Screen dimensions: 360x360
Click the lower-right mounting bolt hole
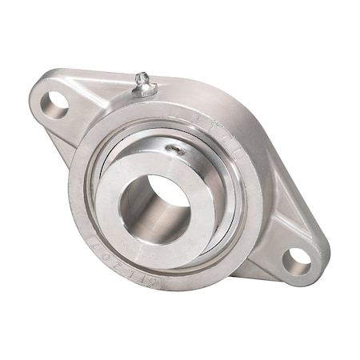[298, 258]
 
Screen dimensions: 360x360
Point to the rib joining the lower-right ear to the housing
[264, 240]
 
